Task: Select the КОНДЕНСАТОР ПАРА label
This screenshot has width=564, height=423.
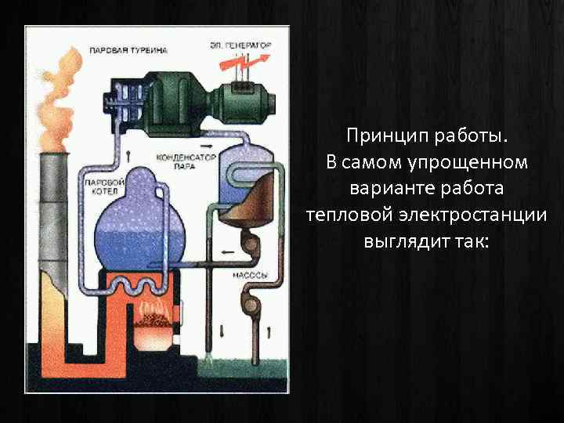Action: point(186,160)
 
